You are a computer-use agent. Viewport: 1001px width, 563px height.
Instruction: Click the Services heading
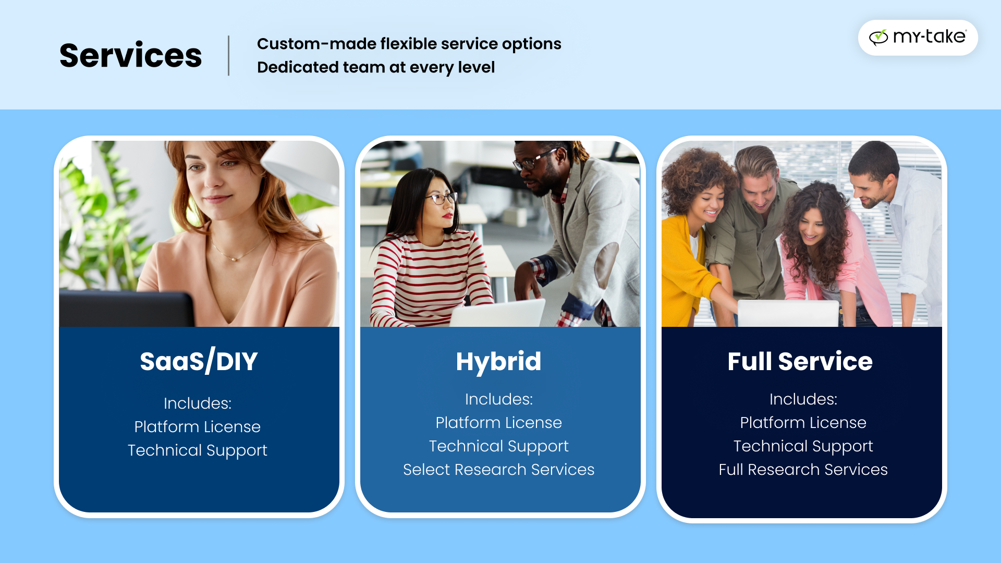pos(130,56)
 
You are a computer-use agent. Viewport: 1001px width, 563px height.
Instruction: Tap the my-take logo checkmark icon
pos(878,37)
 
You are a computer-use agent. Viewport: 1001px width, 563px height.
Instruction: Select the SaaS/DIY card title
pos(199,361)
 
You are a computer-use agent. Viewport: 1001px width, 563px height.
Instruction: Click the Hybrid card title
pos(498,361)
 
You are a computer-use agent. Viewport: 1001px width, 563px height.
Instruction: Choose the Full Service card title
pos(800,361)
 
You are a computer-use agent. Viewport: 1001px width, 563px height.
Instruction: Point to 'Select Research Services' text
pos(498,470)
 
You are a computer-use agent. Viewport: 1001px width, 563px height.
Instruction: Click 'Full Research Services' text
pos(803,470)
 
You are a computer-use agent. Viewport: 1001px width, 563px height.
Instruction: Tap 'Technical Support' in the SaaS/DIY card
pos(198,450)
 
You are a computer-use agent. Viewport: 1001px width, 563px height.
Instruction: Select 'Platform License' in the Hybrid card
pos(498,423)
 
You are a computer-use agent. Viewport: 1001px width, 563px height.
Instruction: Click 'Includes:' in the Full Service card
pos(803,399)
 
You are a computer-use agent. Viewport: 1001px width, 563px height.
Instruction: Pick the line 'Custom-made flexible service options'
pos(409,44)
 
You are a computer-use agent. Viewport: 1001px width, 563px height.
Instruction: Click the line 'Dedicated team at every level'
pos(375,67)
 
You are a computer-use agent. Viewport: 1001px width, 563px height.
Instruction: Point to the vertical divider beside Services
pos(228,56)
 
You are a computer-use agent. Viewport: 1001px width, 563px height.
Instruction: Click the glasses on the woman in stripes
pos(442,198)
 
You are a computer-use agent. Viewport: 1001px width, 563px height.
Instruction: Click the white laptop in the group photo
pos(787,313)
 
